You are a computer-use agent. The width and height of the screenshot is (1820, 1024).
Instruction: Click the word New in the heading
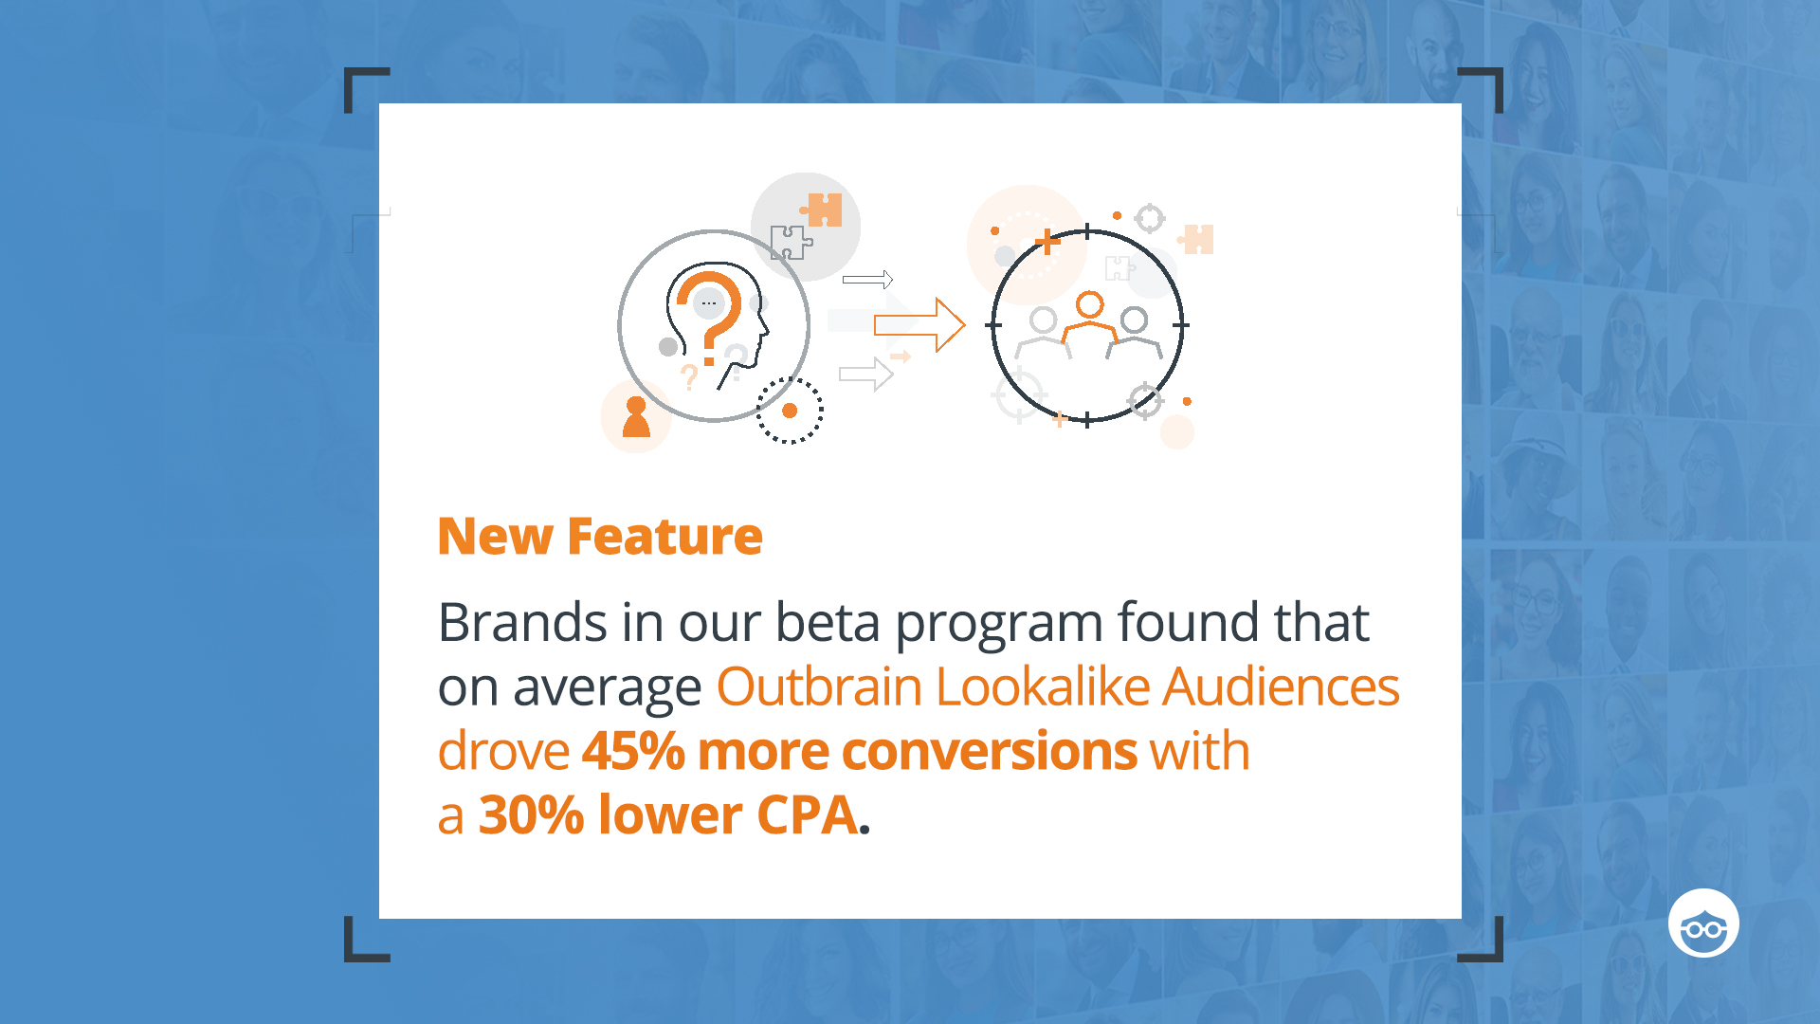click(x=495, y=537)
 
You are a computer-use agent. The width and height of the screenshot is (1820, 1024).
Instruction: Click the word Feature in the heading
click(x=664, y=537)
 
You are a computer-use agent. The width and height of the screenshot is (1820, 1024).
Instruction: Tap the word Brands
click(x=522, y=623)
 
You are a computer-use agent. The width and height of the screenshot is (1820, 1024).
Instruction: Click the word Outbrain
click(x=819, y=686)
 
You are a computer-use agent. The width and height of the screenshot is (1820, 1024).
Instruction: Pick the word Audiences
click(x=1282, y=686)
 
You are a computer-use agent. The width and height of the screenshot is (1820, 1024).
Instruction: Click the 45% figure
click(x=633, y=751)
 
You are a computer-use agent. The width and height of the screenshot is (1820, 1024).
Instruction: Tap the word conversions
click(x=989, y=752)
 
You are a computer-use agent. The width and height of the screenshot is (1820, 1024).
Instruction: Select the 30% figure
click(x=531, y=815)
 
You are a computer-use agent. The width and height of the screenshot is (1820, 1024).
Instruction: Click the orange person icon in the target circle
click(x=1090, y=318)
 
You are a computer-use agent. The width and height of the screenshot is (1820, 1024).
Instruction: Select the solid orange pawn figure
click(x=636, y=417)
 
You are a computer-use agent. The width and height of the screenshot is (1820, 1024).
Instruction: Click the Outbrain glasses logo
click(x=1703, y=923)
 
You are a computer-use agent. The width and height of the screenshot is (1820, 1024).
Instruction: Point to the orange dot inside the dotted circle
click(x=790, y=411)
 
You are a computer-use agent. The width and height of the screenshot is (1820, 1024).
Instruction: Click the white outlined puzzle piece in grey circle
click(x=791, y=243)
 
